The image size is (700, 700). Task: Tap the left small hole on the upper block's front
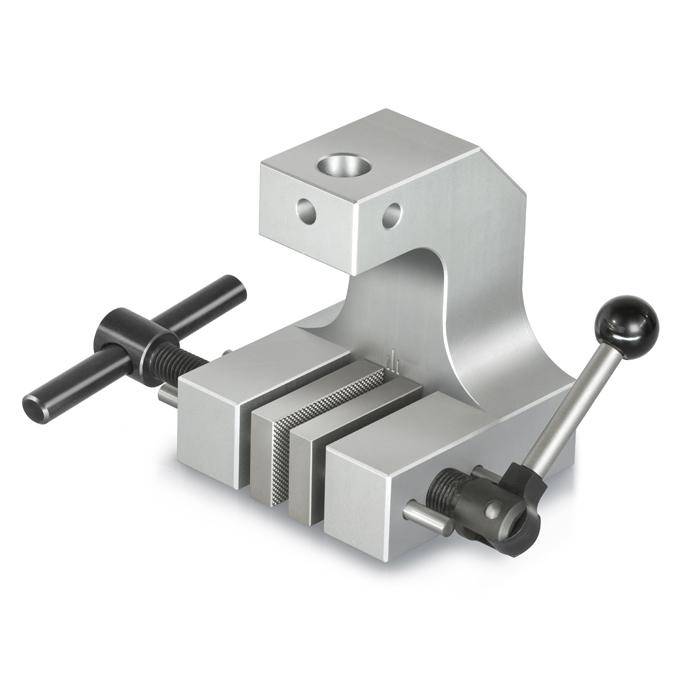click(x=304, y=210)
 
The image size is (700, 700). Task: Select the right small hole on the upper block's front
click(x=391, y=214)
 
